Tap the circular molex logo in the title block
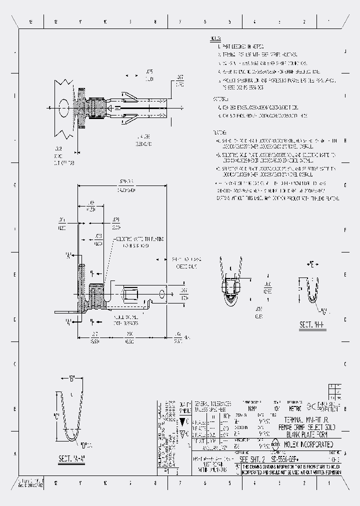pos(275,444)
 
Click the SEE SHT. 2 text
pos(253,459)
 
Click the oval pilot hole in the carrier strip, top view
pos(64,107)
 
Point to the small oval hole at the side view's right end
pos(162,295)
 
